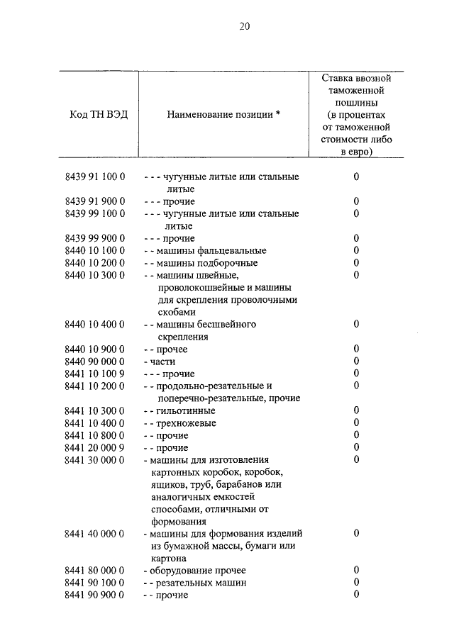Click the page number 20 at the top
[x=245, y=26]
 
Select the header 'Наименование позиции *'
[x=223, y=115]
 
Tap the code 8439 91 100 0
[x=94, y=177]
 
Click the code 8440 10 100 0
[x=94, y=250]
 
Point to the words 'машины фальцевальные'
[x=209, y=250]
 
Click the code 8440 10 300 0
[x=94, y=275]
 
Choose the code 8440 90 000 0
[x=94, y=362]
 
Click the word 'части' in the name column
[x=160, y=362]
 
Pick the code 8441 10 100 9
[x=94, y=374]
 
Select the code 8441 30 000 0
[x=94, y=460]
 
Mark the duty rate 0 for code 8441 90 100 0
[x=356, y=583]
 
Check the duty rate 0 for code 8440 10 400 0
[x=356, y=324]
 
